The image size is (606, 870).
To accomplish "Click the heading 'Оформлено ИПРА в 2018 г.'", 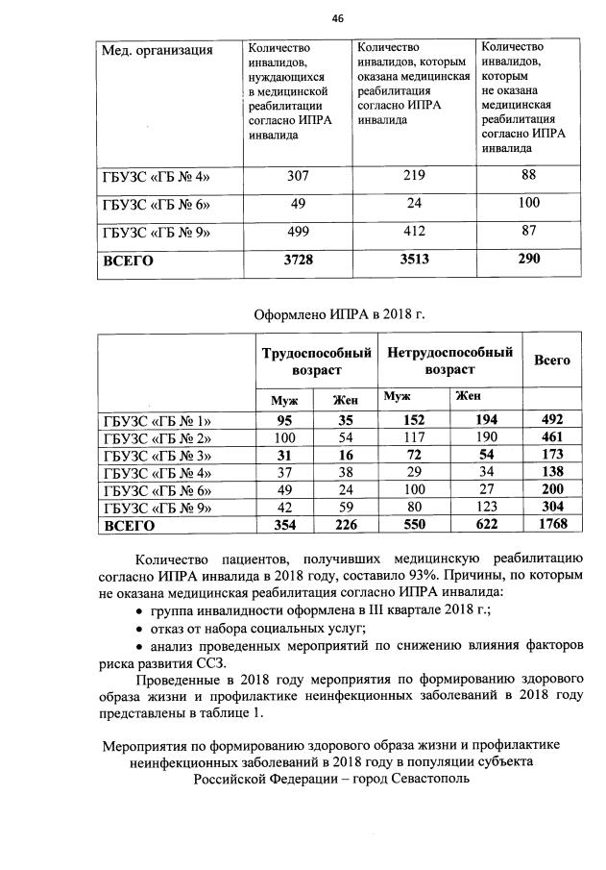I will [338, 313].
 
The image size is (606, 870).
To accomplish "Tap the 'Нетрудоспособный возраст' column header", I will [449, 360].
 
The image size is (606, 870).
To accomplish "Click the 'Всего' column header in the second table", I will [552, 360].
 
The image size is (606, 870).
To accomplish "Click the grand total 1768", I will [552, 525].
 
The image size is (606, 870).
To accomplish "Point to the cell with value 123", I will [487, 508].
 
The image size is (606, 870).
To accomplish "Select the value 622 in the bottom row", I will [487, 525].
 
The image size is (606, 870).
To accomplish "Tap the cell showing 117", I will [414, 437].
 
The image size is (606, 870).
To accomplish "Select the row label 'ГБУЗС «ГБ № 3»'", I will [157, 455].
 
